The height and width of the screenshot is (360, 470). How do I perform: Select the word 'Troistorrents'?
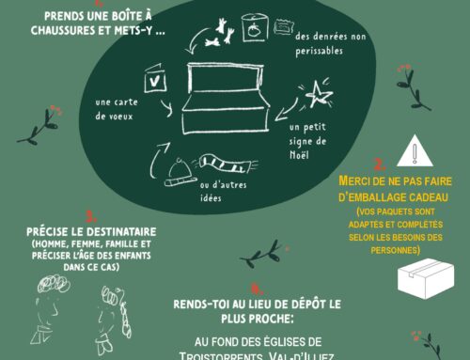pyautogui.click(x=219, y=355)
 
